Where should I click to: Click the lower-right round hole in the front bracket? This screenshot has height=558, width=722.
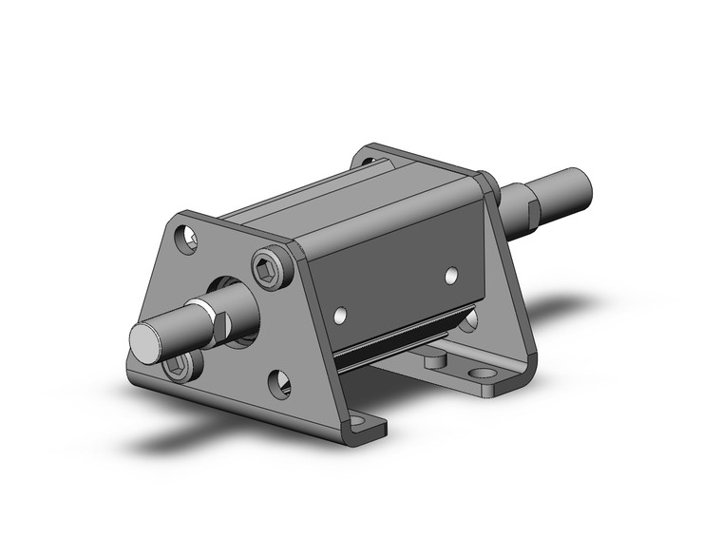click(279, 384)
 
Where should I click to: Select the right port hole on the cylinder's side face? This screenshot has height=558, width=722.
click(452, 276)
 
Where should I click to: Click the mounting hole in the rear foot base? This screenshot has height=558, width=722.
click(488, 375)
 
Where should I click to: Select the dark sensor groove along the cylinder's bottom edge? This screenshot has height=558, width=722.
click(399, 340)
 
